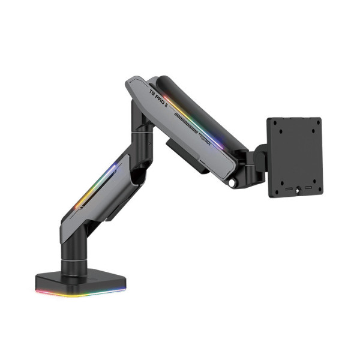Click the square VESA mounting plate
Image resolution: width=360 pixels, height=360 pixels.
[294, 156]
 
